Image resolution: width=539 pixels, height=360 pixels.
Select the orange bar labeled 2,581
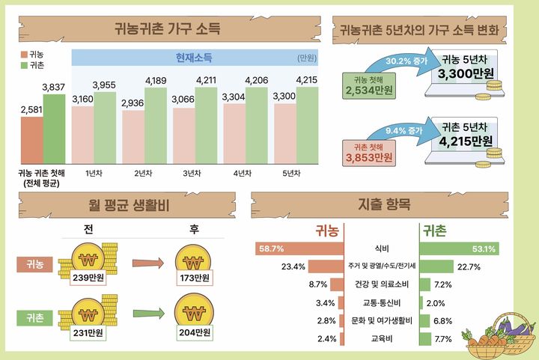pyautogui.click(x=31, y=143)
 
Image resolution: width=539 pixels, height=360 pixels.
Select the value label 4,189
pyautogui.click(x=155, y=81)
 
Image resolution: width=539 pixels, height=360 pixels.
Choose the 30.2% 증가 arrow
pyautogui.click(x=404, y=61)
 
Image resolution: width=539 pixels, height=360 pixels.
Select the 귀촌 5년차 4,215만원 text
pyautogui.click(x=466, y=134)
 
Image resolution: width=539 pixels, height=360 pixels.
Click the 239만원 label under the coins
pyautogui.click(x=88, y=278)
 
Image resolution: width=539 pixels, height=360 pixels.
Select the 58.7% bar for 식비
pyautogui.click(x=300, y=248)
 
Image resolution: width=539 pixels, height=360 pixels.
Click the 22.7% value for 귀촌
pyautogui.click(x=469, y=266)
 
